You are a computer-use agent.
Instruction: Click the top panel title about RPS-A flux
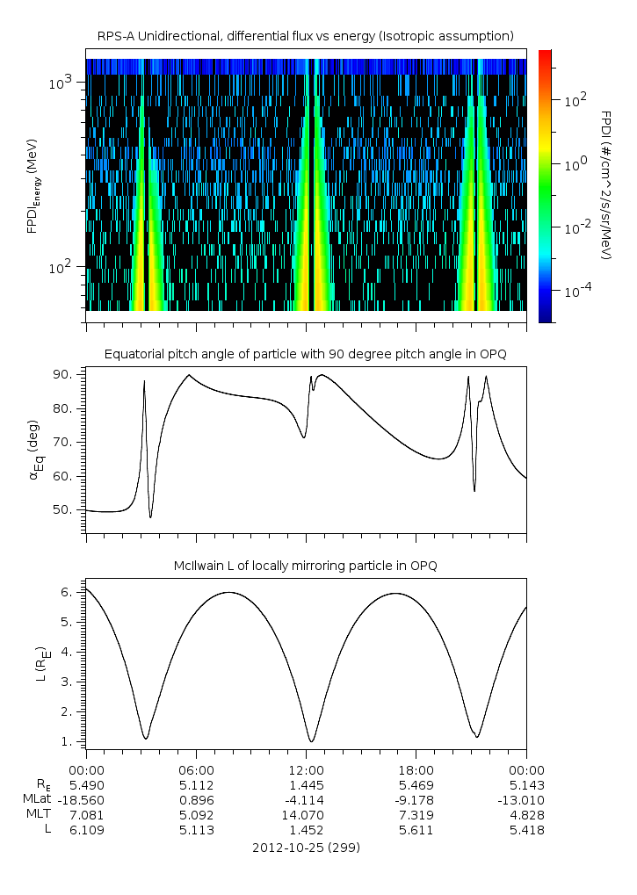(306, 35)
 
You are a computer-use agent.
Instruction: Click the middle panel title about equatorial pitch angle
(306, 354)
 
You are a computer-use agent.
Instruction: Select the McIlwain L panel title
(306, 565)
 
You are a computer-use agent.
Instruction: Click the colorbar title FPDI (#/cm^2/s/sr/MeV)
(606, 185)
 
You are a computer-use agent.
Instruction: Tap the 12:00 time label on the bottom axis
(306, 768)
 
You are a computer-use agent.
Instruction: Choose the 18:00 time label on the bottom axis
(416, 768)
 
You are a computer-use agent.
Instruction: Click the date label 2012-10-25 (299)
(306, 848)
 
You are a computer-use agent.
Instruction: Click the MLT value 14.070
(306, 815)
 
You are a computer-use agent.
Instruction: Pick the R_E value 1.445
(306, 783)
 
